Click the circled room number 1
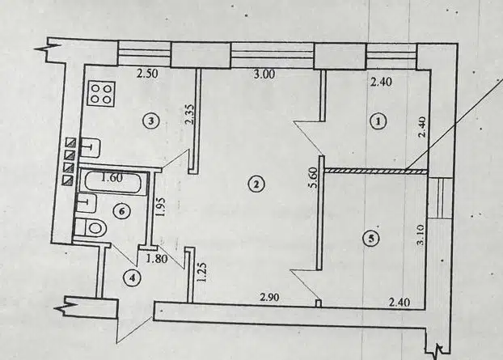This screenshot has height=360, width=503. click(x=378, y=121)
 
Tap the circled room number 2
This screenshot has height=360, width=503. click(x=256, y=184)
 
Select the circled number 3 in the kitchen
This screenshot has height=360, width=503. click(x=151, y=121)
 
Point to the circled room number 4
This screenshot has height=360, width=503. click(x=132, y=278)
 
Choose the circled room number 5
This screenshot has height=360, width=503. click(x=371, y=238)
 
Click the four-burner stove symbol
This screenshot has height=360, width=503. click(x=102, y=93)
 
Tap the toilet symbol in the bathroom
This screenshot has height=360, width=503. click(x=91, y=228)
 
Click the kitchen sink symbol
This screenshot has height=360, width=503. click(x=90, y=147)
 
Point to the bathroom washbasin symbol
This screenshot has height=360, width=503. click(x=86, y=203)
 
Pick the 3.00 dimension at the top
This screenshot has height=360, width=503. click(x=264, y=74)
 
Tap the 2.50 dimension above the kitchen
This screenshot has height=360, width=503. click(x=147, y=74)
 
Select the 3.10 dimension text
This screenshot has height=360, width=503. click(x=421, y=235)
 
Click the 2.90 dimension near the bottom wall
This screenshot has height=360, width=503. click(x=270, y=298)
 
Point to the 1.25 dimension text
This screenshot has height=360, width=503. click(x=202, y=273)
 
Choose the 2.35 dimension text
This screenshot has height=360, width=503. click(x=189, y=114)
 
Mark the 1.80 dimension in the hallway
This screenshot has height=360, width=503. click(x=157, y=258)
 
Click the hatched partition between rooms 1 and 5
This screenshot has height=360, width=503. click(x=376, y=172)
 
